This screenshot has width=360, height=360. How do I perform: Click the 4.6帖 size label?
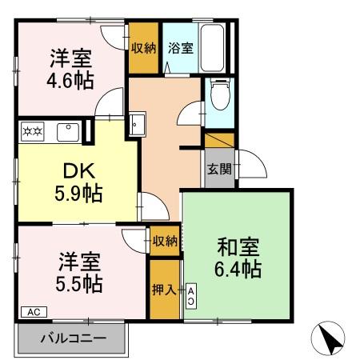pos(71,80)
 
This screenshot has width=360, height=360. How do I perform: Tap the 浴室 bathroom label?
pos(179,47)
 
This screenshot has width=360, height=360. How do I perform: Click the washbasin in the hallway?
pos(135,125)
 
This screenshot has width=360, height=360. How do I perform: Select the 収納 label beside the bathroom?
pos(144,47)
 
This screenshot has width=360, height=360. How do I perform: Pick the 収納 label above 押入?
pos(165,241)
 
